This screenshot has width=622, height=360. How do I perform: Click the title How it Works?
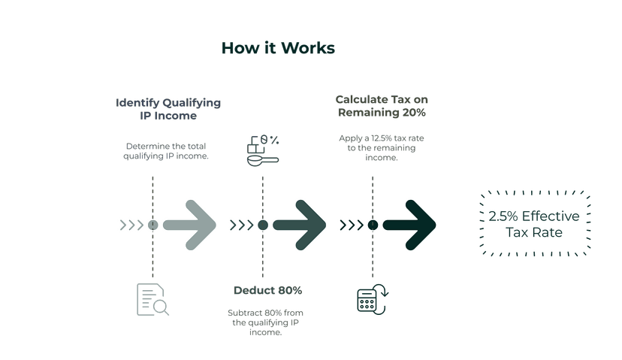(x=278, y=48)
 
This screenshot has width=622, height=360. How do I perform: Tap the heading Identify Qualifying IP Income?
(x=168, y=109)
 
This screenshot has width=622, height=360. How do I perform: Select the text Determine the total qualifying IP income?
(x=165, y=150)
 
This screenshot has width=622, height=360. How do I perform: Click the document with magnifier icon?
(x=151, y=299)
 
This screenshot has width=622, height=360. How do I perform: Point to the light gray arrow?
(x=189, y=224)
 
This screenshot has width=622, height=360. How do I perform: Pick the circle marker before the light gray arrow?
(x=152, y=225)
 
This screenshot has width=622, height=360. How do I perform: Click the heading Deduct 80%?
(x=262, y=290)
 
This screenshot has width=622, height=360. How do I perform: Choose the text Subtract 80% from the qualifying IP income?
(x=262, y=322)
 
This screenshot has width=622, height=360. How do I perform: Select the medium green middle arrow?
(x=300, y=224)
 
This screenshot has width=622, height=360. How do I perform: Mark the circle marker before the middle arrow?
(x=263, y=225)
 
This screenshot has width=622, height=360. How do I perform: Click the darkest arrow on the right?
(x=409, y=224)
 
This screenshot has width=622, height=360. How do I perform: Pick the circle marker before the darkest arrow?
(x=373, y=225)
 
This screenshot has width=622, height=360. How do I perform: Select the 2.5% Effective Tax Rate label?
(x=534, y=224)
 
